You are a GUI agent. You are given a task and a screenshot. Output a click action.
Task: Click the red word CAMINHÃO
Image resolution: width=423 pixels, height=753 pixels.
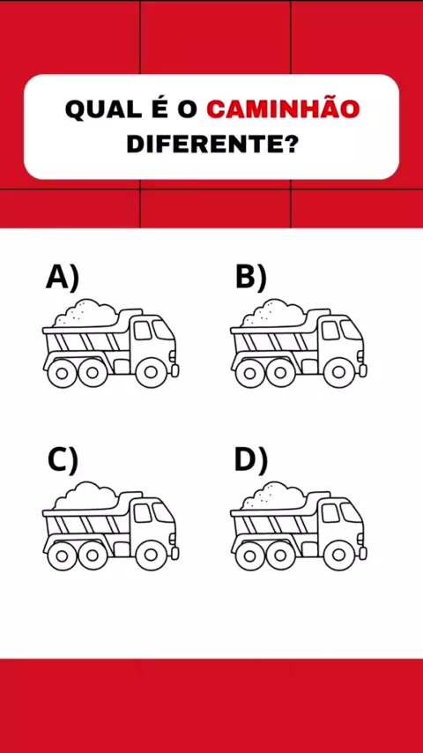click(283, 109)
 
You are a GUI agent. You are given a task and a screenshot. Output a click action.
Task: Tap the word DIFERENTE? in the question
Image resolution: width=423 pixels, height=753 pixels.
click(211, 144)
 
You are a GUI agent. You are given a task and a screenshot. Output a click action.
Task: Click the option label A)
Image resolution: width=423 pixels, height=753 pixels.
click(63, 278)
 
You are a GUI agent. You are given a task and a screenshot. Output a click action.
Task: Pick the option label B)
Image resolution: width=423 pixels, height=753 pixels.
click(250, 278)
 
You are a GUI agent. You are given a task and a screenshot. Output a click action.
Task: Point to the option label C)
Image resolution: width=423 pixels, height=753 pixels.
click(63, 461)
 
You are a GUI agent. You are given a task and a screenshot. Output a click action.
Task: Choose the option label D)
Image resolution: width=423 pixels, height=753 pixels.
click(250, 461)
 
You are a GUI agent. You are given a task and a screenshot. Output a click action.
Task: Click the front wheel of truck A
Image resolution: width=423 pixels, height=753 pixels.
click(151, 372)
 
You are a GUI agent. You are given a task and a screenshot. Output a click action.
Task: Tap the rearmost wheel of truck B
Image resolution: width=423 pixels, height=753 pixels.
click(250, 372)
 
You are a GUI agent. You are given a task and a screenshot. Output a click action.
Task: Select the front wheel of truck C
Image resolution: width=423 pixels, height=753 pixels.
click(151, 555)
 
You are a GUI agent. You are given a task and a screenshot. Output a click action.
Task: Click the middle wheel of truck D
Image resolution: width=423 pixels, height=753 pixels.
click(281, 555)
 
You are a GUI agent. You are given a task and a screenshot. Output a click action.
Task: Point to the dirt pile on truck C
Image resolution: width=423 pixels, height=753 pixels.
click(85, 496)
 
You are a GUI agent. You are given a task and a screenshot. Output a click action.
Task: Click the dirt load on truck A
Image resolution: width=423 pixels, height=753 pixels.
click(85, 313)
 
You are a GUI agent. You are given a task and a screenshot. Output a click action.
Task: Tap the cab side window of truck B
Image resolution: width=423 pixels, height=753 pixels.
click(330, 331)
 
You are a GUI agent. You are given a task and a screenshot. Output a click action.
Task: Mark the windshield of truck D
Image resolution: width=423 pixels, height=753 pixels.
click(350, 512)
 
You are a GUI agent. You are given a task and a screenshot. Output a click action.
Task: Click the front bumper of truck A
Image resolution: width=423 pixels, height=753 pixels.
click(175, 370)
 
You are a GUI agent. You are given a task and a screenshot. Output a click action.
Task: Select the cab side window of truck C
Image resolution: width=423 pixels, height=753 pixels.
click(143, 513)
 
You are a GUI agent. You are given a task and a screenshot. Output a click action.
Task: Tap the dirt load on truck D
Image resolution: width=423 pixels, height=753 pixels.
click(273, 496)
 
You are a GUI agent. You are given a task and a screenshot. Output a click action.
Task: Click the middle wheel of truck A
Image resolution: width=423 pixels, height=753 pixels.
click(93, 372)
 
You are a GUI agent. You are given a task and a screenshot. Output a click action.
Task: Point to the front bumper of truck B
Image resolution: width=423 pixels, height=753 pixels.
click(363, 370)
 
